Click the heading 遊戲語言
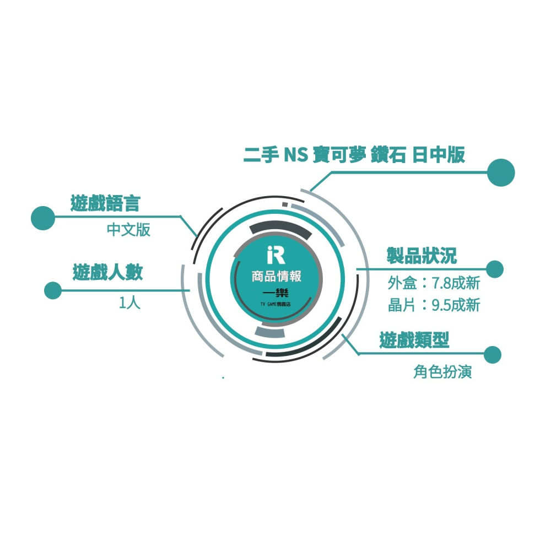click(105, 203)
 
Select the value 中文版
click(128, 230)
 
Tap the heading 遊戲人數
click(108, 272)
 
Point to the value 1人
click(129, 302)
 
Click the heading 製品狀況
click(422, 256)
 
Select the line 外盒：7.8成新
click(434, 283)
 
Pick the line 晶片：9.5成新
click(434, 305)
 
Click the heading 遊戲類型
click(414, 340)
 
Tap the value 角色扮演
click(442, 371)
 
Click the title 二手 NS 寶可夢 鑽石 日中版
click(354, 155)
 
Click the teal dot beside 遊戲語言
click(43, 218)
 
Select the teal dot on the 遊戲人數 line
click(53, 290)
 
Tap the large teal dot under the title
click(501, 172)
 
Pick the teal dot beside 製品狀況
click(494, 269)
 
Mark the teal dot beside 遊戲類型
click(492, 354)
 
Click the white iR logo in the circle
click(276, 255)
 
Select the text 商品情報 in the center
click(276, 277)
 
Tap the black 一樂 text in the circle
click(275, 293)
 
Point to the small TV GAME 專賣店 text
click(275, 304)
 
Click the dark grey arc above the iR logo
click(280, 227)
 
